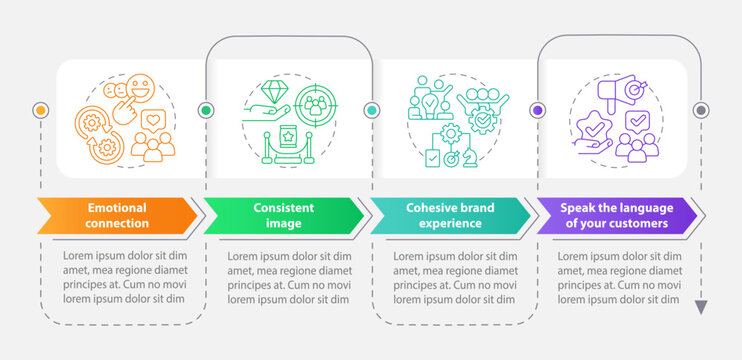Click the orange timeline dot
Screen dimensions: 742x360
[x=41, y=110]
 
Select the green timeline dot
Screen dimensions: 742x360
[x=207, y=110]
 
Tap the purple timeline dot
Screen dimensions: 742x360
[x=538, y=110]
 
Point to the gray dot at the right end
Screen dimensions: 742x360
[x=701, y=110]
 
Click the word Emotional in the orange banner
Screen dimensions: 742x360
[x=117, y=207]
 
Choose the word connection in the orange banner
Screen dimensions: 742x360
[x=117, y=223]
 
